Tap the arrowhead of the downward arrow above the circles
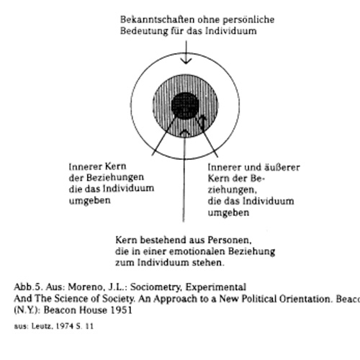185,63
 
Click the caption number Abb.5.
27,287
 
